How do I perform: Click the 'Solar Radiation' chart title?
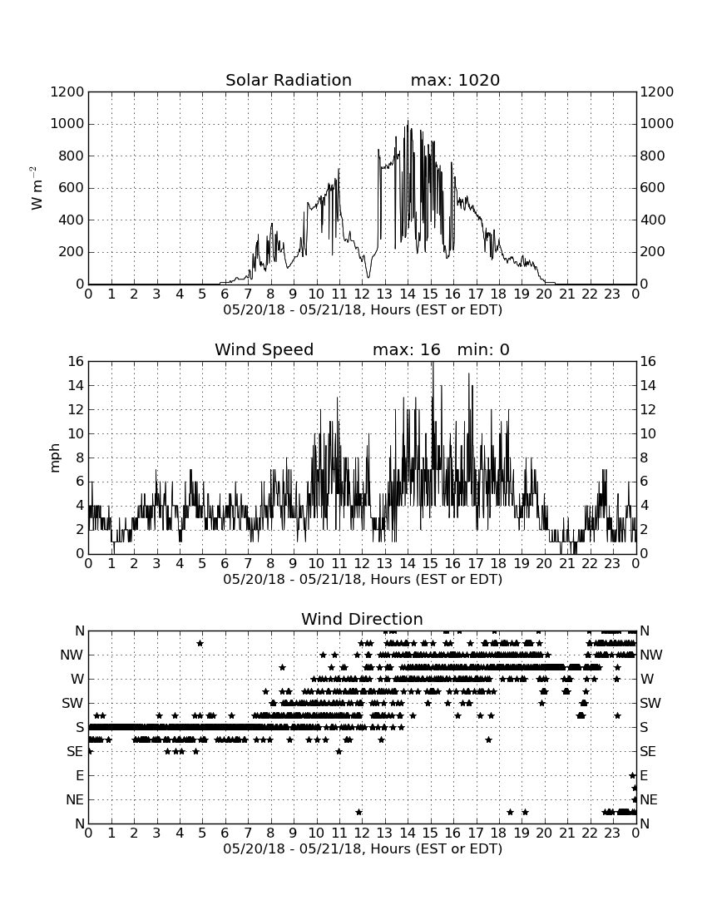click(289, 80)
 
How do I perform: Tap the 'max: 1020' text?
click(455, 80)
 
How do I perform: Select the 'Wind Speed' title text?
click(265, 349)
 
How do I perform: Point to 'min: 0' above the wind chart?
click(483, 349)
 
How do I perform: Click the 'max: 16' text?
click(407, 349)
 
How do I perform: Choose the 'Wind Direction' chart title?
click(362, 619)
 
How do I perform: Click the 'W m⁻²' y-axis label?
click(36, 188)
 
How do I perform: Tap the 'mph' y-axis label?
click(54, 458)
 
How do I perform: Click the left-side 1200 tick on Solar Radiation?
click(67, 92)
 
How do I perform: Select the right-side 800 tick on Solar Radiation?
click(653, 156)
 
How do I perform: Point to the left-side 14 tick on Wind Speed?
click(77, 386)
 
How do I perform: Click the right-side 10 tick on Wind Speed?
click(648, 433)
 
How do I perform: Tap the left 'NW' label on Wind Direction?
click(72, 655)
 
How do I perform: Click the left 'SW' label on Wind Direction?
click(73, 703)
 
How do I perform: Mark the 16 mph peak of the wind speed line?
click(433, 363)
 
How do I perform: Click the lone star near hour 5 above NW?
click(200, 643)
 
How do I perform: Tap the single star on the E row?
click(632, 775)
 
